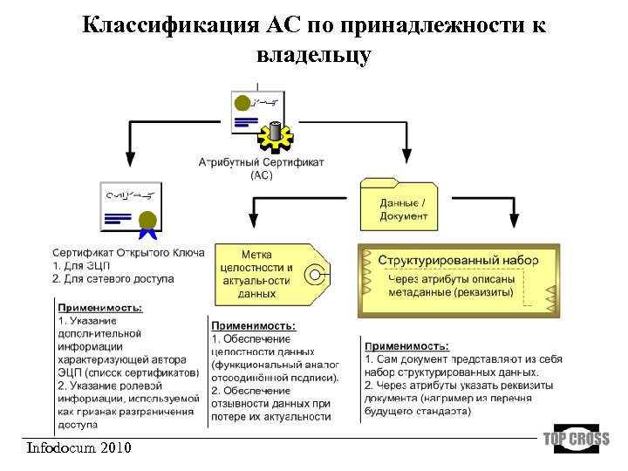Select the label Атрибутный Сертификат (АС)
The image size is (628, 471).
pos(262,168)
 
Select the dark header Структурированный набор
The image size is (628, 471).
pos(458,260)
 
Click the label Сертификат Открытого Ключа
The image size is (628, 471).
pos(128,253)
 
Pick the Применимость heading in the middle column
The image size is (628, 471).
pos(254,325)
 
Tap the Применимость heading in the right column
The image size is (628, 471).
pos(407,346)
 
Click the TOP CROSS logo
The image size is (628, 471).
pos(576,439)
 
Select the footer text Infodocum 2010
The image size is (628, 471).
pos(79,448)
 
